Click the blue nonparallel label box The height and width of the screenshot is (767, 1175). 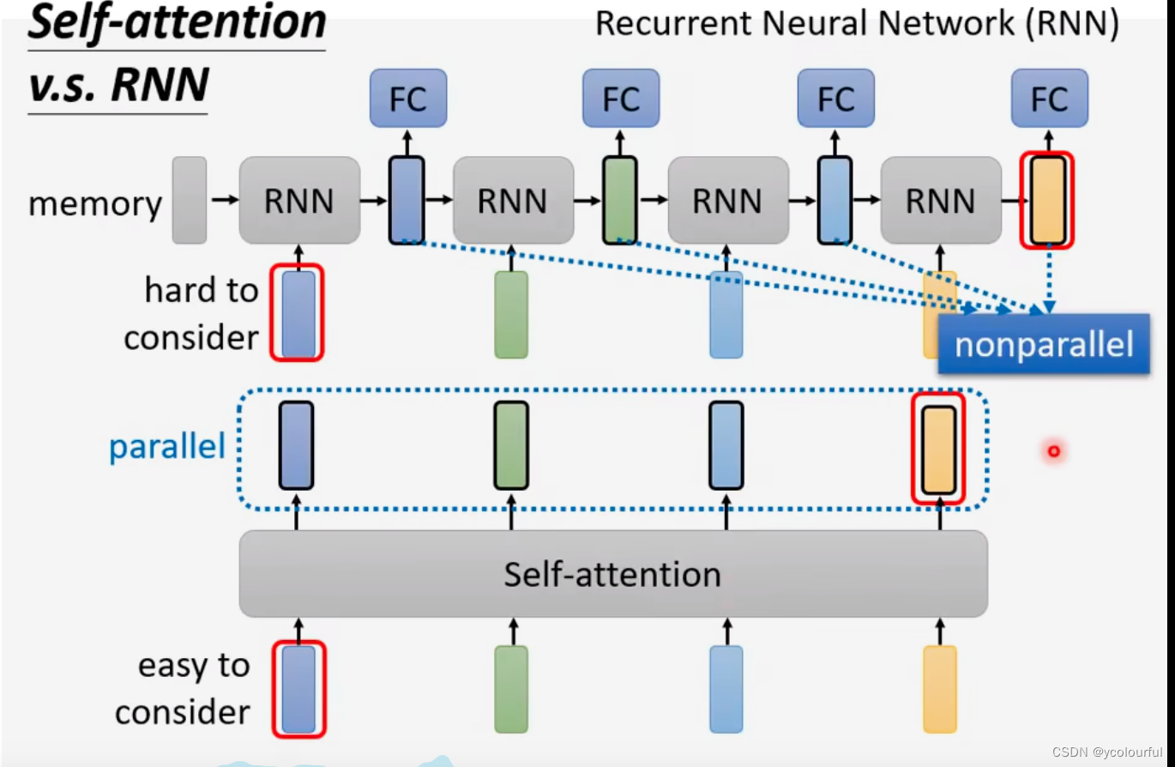(x=1043, y=344)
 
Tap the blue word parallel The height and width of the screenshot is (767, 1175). (x=166, y=447)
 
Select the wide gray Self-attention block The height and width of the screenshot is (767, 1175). (x=612, y=573)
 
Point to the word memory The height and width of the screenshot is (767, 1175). (x=94, y=204)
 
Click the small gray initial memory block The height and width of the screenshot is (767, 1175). (x=190, y=200)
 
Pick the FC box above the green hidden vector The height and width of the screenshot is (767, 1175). (x=621, y=99)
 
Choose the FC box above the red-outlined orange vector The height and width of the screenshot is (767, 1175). (x=1049, y=99)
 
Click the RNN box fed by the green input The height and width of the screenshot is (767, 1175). (x=512, y=201)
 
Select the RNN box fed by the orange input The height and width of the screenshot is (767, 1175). (x=940, y=201)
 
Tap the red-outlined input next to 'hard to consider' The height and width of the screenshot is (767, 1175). (x=298, y=313)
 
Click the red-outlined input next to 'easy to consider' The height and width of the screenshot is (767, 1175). (x=298, y=689)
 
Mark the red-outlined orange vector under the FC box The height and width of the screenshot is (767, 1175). (x=1047, y=200)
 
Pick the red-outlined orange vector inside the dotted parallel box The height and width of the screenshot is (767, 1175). (x=938, y=449)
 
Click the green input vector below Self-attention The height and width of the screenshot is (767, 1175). (x=511, y=689)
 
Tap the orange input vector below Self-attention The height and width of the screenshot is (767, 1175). (x=939, y=689)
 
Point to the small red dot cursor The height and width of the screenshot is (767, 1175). (x=1053, y=450)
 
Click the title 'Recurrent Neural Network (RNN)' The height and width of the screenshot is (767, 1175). (x=856, y=24)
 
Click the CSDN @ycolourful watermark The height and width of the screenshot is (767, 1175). (x=1106, y=752)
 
